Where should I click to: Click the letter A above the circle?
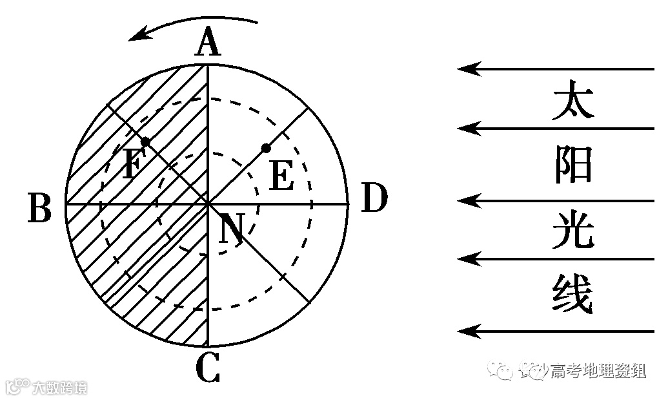pos(207,45)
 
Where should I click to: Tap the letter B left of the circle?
pos(40,208)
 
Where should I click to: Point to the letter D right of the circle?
pos(374,198)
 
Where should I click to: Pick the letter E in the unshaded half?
pos(281,175)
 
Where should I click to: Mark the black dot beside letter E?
pos(265,149)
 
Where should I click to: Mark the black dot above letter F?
pos(146,141)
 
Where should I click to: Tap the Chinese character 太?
pos(572,100)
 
